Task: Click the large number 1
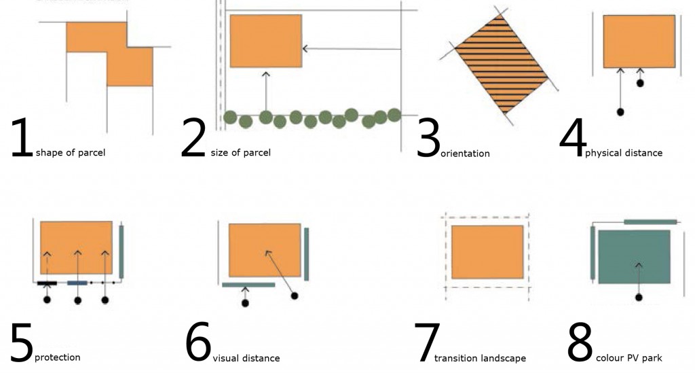[x=22, y=139]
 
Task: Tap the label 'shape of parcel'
[x=70, y=153]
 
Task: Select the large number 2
[x=193, y=139]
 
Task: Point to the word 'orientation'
[x=465, y=154]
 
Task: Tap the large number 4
[x=572, y=139]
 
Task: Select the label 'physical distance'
[x=623, y=153]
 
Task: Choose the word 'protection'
[x=57, y=357]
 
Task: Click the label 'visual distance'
[x=246, y=358]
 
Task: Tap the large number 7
[x=427, y=343]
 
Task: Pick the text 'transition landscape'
[x=480, y=358]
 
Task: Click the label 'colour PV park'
[x=628, y=358]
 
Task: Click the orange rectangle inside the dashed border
[x=487, y=252]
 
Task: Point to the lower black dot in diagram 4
[x=620, y=111]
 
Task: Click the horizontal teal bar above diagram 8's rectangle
[x=650, y=221]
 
